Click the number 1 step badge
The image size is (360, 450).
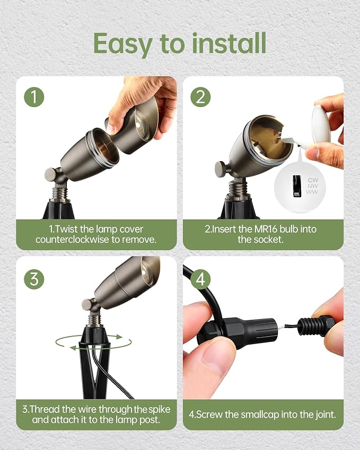click(34, 97)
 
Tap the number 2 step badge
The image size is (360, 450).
click(200, 97)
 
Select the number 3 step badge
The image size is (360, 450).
click(34, 279)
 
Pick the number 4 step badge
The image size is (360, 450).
click(200, 279)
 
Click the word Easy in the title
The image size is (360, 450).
click(123, 44)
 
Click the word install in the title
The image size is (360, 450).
click(229, 43)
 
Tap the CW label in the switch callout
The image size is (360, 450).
click(313, 180)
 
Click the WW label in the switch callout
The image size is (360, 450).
click(312, 192)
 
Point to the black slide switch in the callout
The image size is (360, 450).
click(297, 186)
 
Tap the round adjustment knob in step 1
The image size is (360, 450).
click(51, 174)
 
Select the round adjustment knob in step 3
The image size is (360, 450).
click(87, 305)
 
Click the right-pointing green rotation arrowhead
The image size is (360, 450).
click(119, 337)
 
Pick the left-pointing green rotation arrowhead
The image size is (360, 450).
click(73, 348)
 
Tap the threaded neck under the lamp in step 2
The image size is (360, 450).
click(238, 188)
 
